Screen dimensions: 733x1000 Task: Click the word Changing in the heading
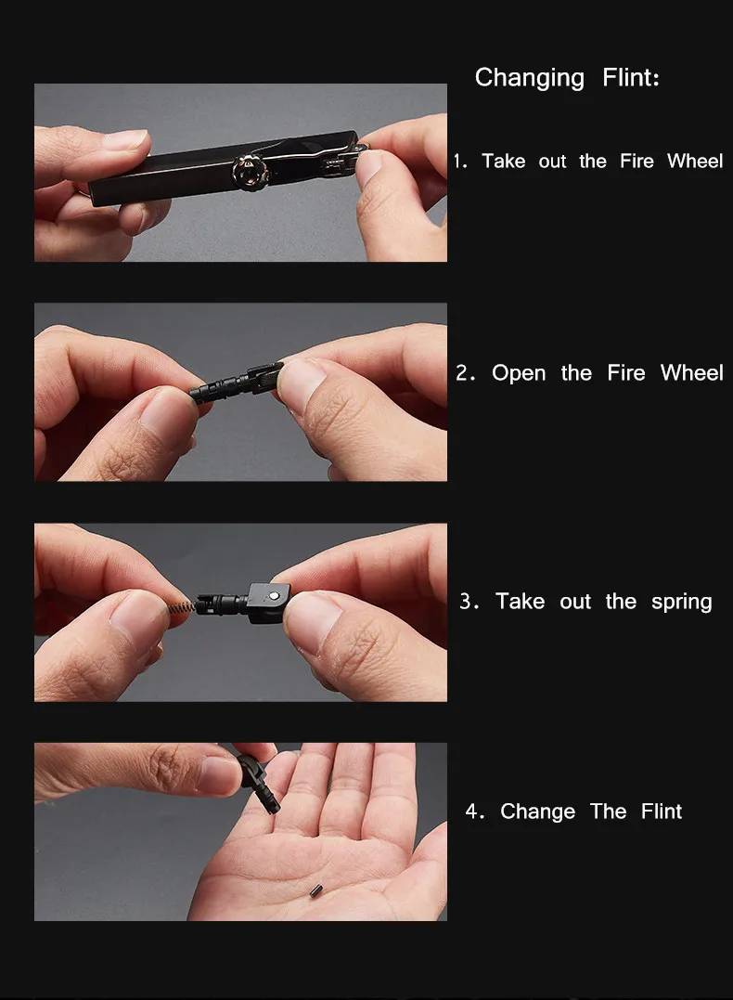click(529, 79)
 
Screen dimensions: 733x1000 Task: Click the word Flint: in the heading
click(630, 78)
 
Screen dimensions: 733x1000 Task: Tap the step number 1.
click(459, 161)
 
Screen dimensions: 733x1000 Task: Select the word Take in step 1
click(503, 161)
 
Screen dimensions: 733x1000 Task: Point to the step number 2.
click(465, 373)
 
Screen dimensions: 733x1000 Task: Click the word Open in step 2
click(518, 374)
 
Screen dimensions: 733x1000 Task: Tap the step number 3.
click(469, 602)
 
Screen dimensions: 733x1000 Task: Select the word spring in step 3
click(681, 603)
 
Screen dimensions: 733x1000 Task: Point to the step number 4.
click(475, 812)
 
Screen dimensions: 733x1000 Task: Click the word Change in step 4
click(537, 812)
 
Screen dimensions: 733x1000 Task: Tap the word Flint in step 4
click(661, 812)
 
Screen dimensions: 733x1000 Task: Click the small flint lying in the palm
click(315, 891)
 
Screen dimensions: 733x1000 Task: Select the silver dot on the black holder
click(274, 595)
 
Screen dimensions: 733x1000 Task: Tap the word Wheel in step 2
click(691, 373)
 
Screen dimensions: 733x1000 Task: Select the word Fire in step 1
click(637, 161)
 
